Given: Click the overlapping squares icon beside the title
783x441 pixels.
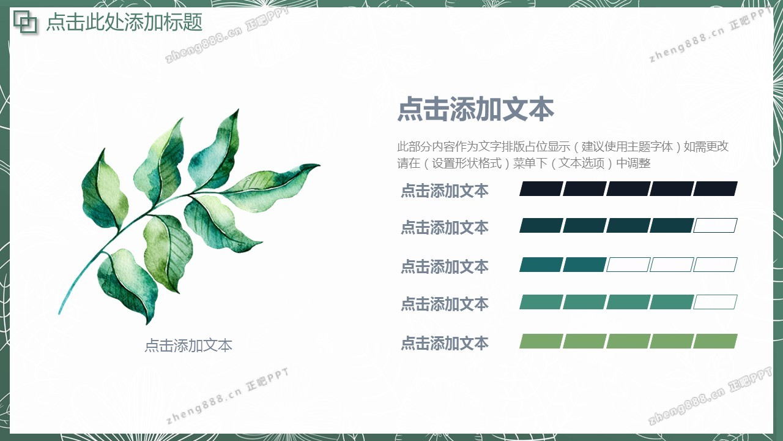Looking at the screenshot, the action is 25,22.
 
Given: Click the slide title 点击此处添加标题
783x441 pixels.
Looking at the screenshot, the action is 124,22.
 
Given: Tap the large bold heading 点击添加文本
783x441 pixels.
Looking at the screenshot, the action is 476,109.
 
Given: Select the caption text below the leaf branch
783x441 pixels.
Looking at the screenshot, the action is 188,345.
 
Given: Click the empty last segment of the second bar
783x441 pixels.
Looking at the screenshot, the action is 715,225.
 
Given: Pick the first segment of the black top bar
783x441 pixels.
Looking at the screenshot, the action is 541,189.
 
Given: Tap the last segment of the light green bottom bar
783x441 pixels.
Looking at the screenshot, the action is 715,341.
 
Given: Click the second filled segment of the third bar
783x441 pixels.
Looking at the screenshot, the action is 585,265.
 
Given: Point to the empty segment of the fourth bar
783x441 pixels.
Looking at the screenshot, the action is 715,302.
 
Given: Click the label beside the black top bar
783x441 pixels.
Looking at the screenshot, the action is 444,190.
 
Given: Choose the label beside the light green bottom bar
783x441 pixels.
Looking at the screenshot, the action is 444,343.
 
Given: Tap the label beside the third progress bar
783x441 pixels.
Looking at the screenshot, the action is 444,266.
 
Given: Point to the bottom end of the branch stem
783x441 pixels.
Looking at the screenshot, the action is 60,312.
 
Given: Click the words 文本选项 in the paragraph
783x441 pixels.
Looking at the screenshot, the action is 581,163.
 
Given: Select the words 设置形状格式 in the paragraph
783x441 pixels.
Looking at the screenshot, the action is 467,163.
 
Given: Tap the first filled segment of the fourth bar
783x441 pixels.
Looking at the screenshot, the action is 541,302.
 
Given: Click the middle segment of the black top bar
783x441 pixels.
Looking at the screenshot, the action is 628,189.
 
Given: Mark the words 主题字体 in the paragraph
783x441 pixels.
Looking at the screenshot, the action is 650,146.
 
